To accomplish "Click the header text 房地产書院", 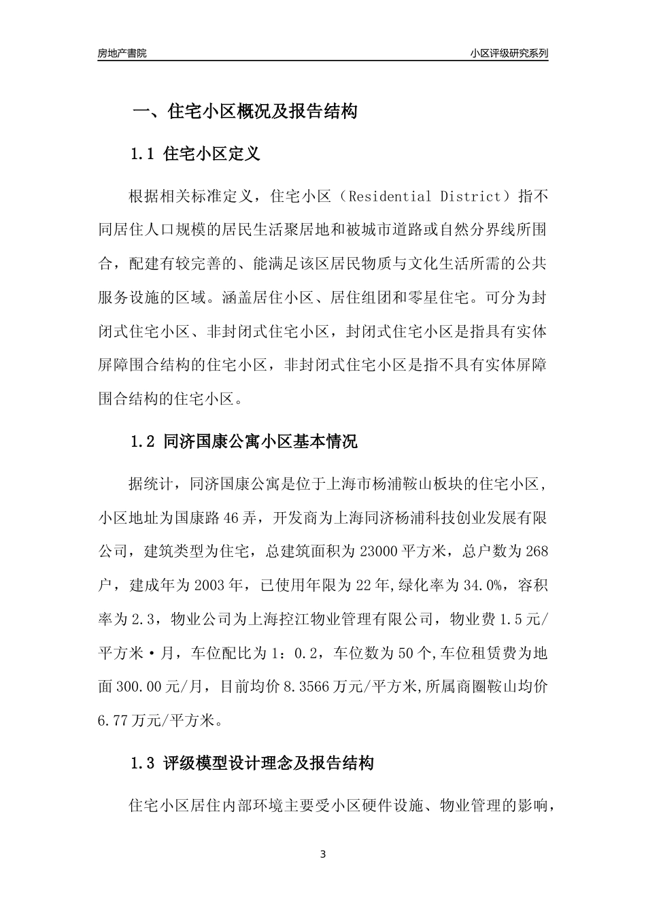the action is (122, 53).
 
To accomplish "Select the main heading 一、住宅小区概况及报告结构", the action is (244, 112).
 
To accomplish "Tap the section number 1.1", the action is (143, 154).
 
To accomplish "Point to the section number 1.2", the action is (143, 442).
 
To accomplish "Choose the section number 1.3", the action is (143, 764).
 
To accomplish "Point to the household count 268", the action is (537, 551).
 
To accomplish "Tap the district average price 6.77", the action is (113, 720).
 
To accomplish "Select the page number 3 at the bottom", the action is (323, 854).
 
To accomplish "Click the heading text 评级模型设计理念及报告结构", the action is (269, 764).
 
